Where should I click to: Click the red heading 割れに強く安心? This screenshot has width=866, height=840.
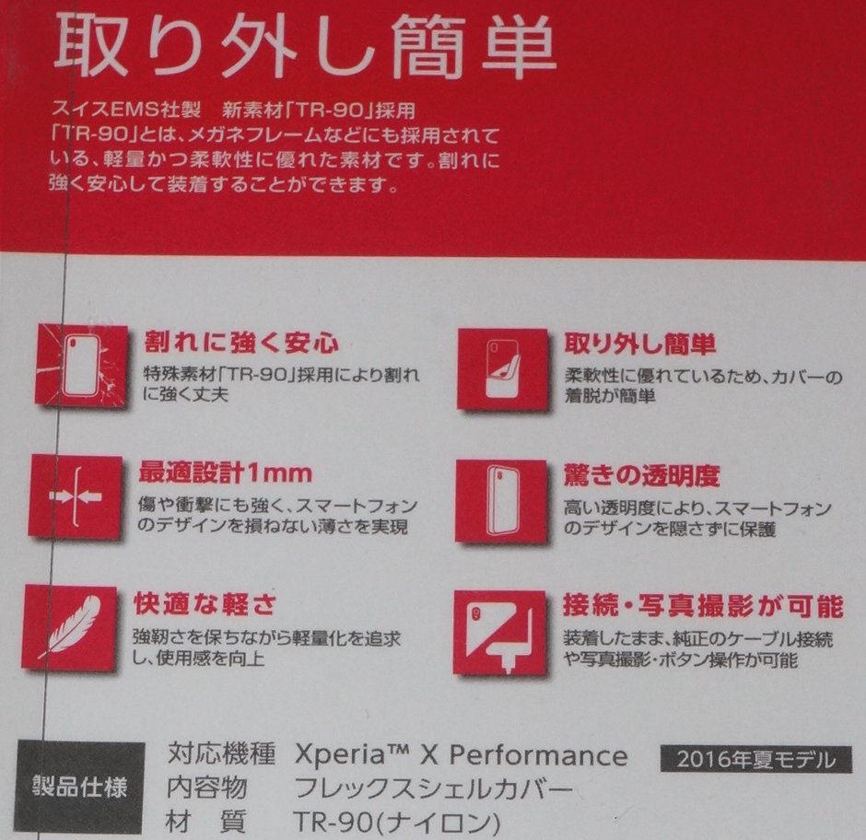click(x=241, y=344)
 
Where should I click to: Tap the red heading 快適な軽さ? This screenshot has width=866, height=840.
click(x=205, y=605)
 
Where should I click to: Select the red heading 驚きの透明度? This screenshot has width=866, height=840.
click(x=641, y=475)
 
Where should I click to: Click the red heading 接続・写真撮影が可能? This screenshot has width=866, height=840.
click(x=702, y=606)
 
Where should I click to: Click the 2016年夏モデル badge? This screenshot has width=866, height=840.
click(x=755, y=760)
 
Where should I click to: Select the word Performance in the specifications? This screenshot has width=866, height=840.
click(x=538, y=757)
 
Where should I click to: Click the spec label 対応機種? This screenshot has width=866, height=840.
click(x=221, y=757)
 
